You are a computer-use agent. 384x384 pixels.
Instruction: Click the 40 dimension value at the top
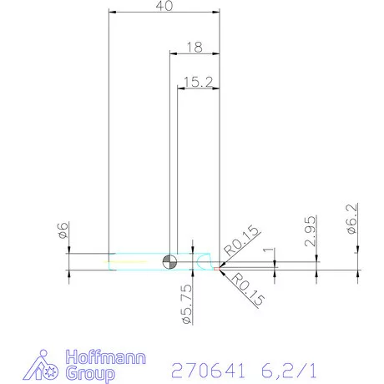[164, 6]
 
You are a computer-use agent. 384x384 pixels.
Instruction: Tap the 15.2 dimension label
[199, 81]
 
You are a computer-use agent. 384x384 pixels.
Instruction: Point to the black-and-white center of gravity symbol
[169, 261]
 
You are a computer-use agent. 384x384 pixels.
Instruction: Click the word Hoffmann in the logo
[106, 357]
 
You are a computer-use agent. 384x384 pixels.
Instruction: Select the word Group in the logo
[93, 373]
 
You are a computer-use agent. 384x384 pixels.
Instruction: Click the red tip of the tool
[220, 268]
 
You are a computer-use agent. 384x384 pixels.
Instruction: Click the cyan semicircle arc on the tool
[205, 261]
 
